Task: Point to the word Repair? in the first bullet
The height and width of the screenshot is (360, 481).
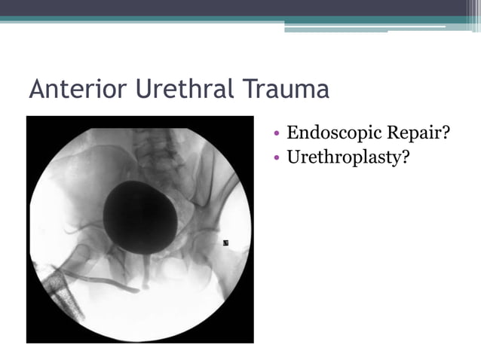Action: point(417,134)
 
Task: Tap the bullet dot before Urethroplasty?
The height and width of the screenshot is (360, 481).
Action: point(277,158)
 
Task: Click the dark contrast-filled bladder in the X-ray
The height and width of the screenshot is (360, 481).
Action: point(140,218)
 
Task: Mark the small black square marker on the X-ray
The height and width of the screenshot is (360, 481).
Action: point(225,243)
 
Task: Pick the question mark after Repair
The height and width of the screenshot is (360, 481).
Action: point(446,133)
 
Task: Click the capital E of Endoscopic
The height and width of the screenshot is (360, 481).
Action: point(293,133)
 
